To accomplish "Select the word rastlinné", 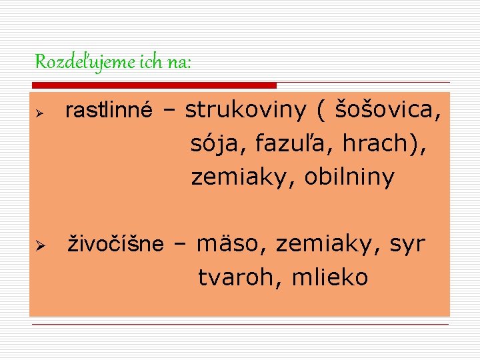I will [x=108, y=111].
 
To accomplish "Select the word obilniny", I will [x=349, y=177].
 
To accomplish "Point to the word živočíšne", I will [x=117, y=245].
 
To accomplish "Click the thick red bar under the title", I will [x=153, y=85].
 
